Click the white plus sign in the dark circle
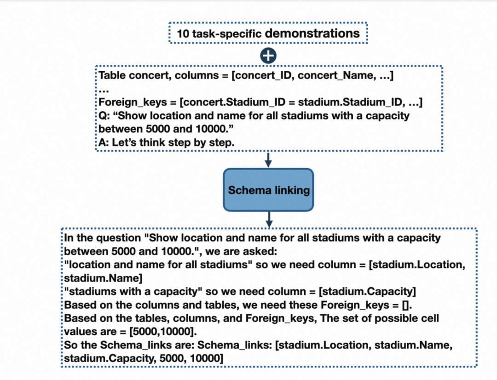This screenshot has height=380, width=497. point(268,56)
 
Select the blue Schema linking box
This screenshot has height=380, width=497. point(269,190)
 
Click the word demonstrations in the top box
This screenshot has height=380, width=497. point(312,33)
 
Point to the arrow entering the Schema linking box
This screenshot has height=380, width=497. point(269,160)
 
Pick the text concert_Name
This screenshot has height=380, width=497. point(335,75)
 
